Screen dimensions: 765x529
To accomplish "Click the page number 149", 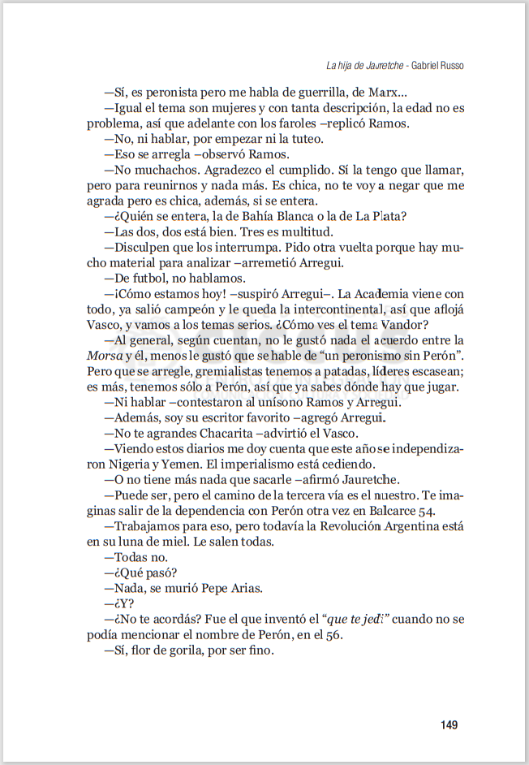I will (451, 724).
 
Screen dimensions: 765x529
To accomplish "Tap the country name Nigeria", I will (132, 464).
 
